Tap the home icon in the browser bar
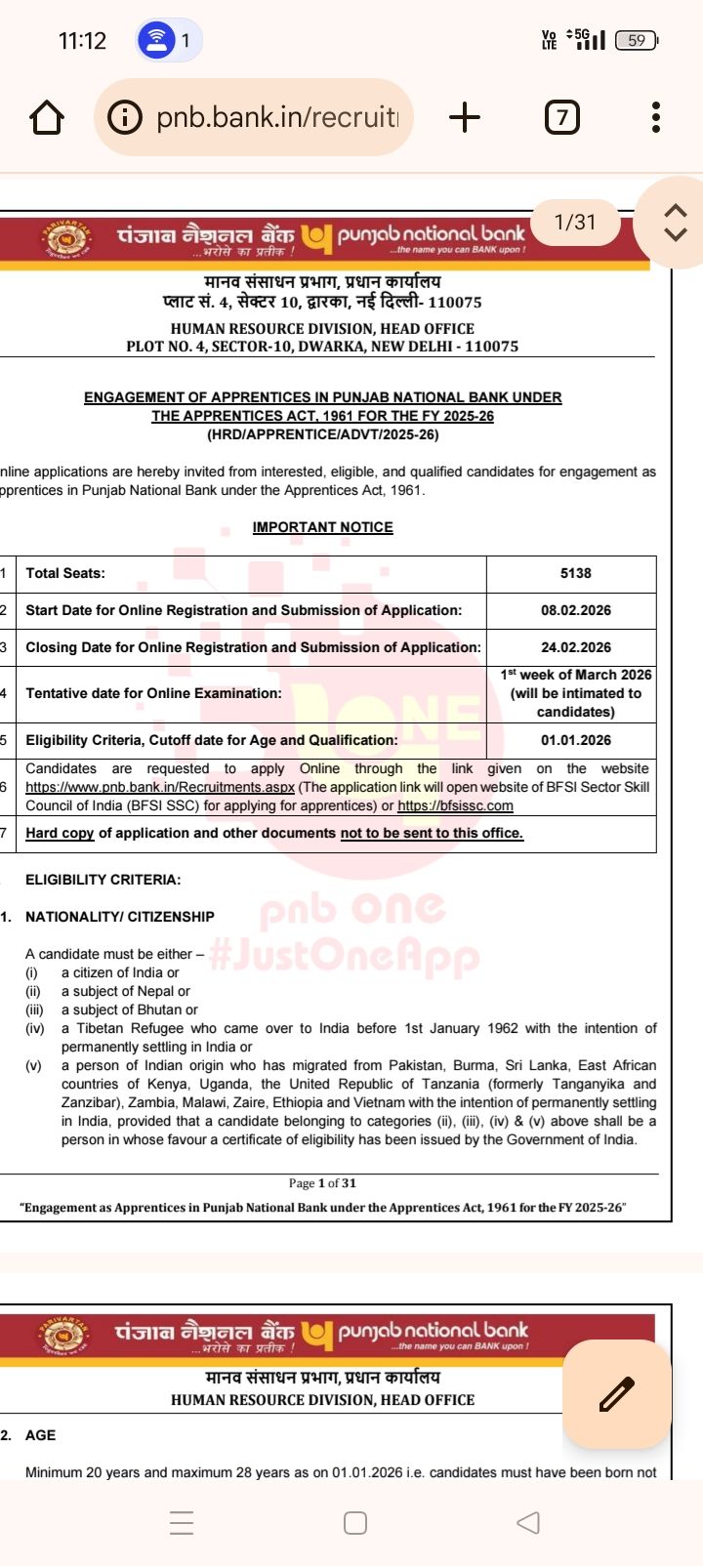pyautogui.click(x=47, y=117)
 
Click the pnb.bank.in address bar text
pyautogui.click(x=277, y=117)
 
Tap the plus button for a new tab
pyautogui.click(x=465, y=117)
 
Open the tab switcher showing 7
pyautogui.click(x=561, y=117)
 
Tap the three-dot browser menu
pyautogui.click(x=656, y=117)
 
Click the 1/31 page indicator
pyautogui.click(x=574, y=223)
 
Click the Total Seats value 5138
pyautogui.click(x=575, y=573)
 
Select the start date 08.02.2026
pyautogui.click(x=575, y=610)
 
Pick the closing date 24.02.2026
pyautogui.click(x=575, y=647)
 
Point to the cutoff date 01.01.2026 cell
pyautogui.click(x=575, y=740)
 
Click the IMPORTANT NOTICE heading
pyautogui.click(x=322, y=527)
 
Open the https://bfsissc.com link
pyautogui.click(x=455, y=805)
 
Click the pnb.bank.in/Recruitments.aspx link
pyautogui.click(x=160, y=787)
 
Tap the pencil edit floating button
pyautogui.click(x=616, y=1393)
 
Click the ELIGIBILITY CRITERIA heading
pyautogui.click(x=103, y=880)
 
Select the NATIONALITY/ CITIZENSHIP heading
pyautogui.click(x=119, y=917)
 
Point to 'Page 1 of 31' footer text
pyautogui.click(x=322, y=1183)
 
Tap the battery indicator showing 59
pyautogui.click(x=637, y=40)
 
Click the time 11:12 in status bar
pyautogui.click(x=82, y=40)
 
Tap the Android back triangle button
pyautogui.click(x=527, y=1522)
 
